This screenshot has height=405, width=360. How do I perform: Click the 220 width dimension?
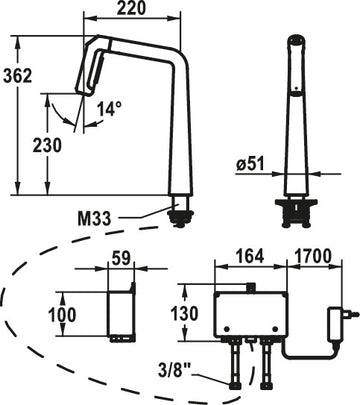coord(131,8)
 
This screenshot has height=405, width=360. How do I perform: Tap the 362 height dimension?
coord(18,76)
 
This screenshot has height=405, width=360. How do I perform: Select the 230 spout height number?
coord(47,145)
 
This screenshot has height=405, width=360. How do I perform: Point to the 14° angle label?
coord(109,109)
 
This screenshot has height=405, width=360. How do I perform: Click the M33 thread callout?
coord(94,219)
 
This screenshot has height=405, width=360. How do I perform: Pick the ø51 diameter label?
coord(250,164)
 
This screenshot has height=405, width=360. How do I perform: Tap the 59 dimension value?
coord(121,258)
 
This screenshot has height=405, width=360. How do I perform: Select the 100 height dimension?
coord(62,315)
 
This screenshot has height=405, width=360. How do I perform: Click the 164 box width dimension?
coord(250,256)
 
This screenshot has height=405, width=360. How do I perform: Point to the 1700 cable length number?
coord(313,256)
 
